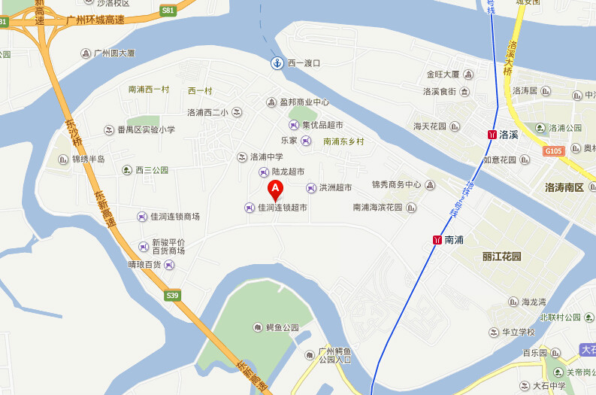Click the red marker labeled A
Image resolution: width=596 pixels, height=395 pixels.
tap(276, 188)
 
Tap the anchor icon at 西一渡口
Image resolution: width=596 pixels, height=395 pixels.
tap(277, 63)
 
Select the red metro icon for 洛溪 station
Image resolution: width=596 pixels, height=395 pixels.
tap(492, 135)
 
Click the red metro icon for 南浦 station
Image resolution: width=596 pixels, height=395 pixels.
tap(437, 240)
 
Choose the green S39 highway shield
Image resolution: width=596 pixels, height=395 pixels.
tap(173, 296)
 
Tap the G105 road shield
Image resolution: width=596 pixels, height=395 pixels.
tap(552, 151)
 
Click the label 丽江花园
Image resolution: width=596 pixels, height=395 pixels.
tap(501, 256)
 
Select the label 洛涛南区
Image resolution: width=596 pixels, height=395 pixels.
tap(564, 187)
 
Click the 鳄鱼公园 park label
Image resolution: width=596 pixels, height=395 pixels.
tap(283, 328)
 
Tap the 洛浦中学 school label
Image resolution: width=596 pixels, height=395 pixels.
tap(266, 157)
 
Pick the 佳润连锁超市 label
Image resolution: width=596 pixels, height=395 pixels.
tap(283, 208)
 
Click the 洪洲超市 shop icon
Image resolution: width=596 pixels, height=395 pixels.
tap(311, 187)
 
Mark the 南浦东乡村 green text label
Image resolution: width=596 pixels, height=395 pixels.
tap(343, 141)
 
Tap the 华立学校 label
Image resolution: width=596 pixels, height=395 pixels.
tap(518, 332)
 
